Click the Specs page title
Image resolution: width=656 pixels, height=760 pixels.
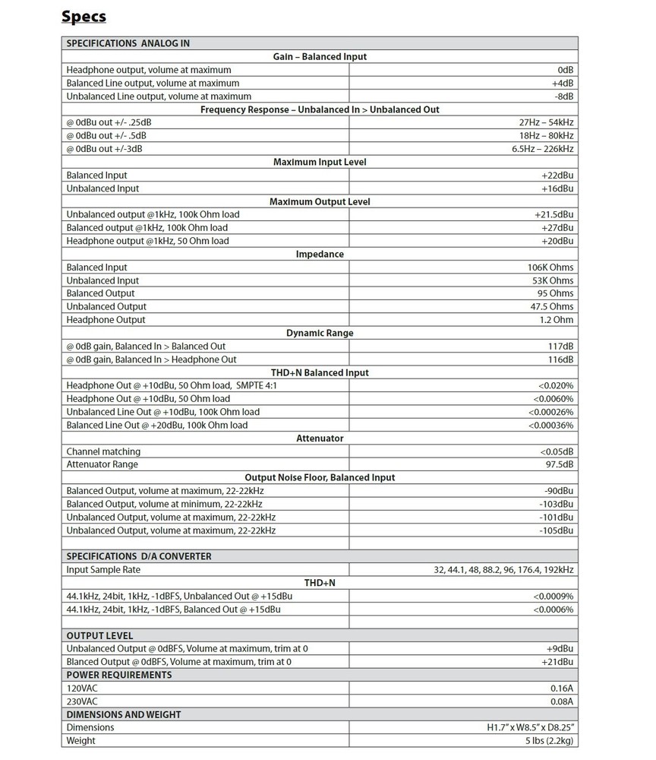point(84,16)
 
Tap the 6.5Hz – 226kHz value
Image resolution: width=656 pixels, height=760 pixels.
point(547,149)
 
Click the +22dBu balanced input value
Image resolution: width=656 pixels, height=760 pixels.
point(557,175)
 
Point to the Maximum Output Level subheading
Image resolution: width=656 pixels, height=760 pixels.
point(319,201)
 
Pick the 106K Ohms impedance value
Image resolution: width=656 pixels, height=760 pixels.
point(550,268)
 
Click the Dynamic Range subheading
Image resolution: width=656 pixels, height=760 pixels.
point(319,333)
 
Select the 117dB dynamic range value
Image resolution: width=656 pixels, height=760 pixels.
point(560,347)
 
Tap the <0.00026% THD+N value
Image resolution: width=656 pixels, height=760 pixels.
point(544,412)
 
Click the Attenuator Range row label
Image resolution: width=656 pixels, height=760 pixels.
point(102,464)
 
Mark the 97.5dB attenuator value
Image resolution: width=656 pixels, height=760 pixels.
point(558,464)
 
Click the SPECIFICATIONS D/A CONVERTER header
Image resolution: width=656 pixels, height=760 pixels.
point(139,556)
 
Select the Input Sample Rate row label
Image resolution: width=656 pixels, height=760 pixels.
point(103,570)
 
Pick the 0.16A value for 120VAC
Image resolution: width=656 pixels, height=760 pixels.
point(561,689)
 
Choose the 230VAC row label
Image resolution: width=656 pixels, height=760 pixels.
point(81,701)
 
